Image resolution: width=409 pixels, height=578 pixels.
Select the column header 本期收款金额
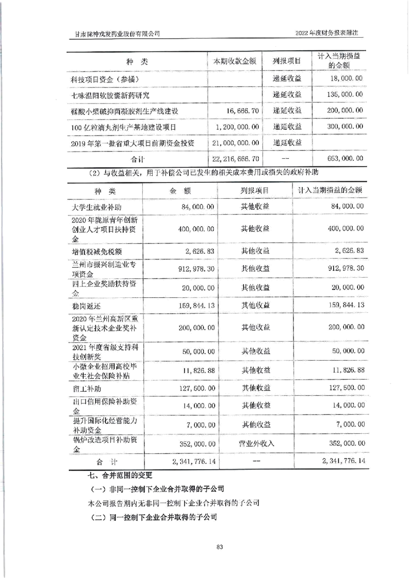tap(235, 61)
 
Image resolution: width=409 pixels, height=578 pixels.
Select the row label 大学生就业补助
tap(94, 207)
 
